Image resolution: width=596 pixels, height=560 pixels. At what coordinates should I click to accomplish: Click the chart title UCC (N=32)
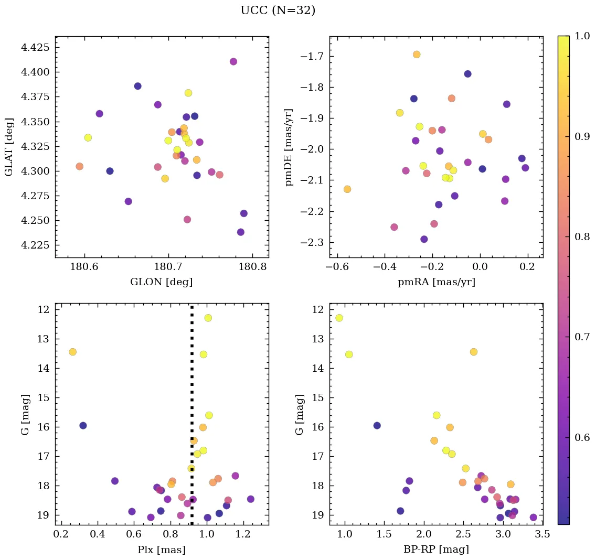click(278, 10)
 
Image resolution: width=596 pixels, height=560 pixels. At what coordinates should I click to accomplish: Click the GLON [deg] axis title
click(161, 282)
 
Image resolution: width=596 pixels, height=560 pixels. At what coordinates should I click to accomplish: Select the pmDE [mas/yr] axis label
click(289, 147)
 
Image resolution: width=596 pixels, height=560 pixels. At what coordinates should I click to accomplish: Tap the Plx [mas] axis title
click(161, 550)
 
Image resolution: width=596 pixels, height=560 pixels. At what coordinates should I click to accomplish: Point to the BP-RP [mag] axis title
click(436, 550)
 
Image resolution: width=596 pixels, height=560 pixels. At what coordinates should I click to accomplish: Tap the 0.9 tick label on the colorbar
click(580, 136)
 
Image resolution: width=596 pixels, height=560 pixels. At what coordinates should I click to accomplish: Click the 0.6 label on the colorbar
click(580, 437)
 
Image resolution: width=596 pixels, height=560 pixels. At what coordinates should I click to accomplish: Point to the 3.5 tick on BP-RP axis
click(542, 534)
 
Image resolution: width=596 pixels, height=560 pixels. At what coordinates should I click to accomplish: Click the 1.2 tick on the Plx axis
click(243, 534)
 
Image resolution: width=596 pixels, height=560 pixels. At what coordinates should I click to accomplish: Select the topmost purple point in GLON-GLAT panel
click(233, 61)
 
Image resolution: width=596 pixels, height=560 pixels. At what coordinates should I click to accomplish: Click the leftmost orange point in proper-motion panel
click(347, 189)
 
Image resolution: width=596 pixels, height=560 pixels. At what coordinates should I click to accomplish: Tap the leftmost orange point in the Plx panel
click(72, 352)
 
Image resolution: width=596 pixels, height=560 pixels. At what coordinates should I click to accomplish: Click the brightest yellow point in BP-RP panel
click(339, 318)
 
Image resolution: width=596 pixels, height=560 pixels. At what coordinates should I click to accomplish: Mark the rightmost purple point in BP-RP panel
click(534, 518)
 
